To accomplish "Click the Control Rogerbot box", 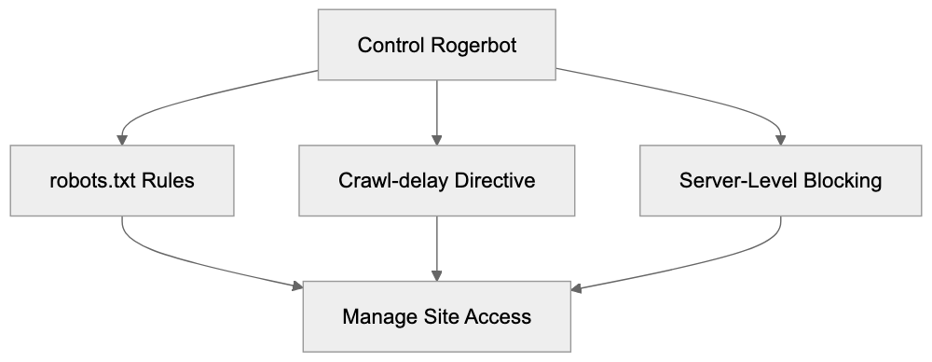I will click(437, 45).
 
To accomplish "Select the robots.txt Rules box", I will click(121, 180).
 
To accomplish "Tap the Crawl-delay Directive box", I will click(437, 180).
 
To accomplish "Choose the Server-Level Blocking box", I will click(780, 180).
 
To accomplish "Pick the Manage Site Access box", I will click(437, 315).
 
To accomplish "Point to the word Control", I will click(391, 45).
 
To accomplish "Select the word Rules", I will click(170, 180).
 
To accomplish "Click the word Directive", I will click(492, 180).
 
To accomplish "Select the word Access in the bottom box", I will click(500, 315).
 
